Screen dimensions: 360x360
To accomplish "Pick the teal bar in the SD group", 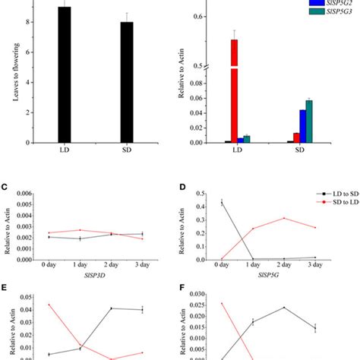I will [308, 122].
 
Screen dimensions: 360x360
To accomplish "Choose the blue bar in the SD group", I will [302, 126].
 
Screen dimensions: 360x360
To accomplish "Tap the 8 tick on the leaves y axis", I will [26, 22].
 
